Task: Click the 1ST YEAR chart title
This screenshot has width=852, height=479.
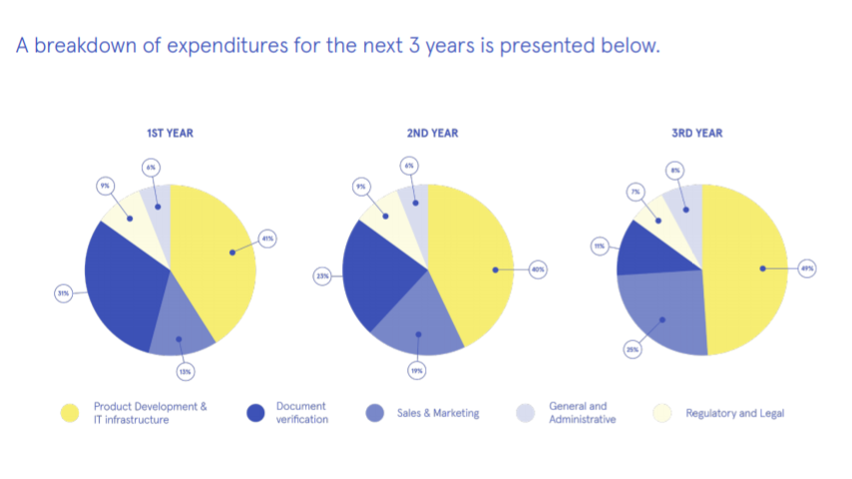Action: click(170, 133)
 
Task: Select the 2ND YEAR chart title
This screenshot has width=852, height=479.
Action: click(431, 133)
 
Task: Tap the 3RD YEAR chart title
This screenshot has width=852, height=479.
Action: click(696, 133)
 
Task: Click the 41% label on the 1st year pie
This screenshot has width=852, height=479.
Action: click(267, 239)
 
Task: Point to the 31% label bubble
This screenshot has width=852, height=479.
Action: click(63, 293)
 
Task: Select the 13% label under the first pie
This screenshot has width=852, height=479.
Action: click(185, 371)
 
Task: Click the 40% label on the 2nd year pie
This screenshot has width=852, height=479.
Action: click(538, 269)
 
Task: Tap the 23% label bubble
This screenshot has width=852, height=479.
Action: click(322, 276)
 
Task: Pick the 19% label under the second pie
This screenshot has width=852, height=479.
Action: click(417, 370)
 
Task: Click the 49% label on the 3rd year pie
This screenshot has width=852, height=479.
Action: click(807, 268)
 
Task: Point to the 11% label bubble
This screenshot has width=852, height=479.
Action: click(600, 244)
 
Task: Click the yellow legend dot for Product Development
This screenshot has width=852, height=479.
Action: click(69, 412)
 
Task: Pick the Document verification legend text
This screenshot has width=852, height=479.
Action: click(302, 413)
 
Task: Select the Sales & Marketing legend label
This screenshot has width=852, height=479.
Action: click(436, 413)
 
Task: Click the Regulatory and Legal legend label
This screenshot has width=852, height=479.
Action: click(734, 413)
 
